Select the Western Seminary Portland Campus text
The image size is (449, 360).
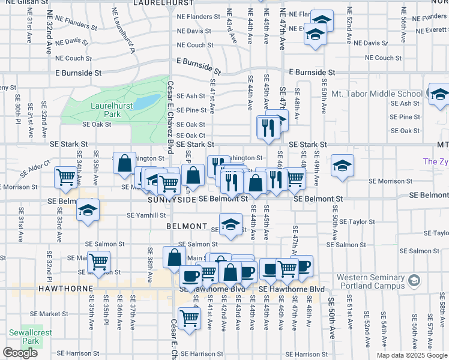[369, 281]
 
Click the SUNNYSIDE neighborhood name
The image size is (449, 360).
[170, 199]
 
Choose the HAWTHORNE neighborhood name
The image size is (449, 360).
[26, 289]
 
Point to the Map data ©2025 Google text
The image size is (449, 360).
[412, 355]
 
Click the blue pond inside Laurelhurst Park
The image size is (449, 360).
[143, 103]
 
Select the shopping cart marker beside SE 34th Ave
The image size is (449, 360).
[66, 177]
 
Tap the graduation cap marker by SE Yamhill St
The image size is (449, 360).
[88, 211]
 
